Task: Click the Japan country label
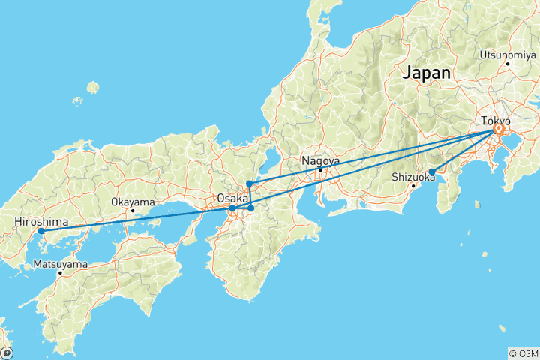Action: click(427, 73)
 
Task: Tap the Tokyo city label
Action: click(495, 120)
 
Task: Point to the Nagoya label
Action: click(320, 160)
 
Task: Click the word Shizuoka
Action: click(413, 177)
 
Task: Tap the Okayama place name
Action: click(133, 202)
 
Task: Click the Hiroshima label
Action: click(41, 222)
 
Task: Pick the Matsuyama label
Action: click(60, 264)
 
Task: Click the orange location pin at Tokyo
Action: click(497, 130)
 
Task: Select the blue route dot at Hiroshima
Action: click(41, 231)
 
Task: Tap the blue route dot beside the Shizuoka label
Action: click(432, 172)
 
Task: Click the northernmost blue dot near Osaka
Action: click(249, 184)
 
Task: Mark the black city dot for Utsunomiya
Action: click(508, 63)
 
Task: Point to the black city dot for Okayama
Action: click(133, 211)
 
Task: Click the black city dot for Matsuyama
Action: click(61, 273)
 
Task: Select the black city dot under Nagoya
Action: click(320, 169)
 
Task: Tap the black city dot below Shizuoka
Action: click(413, 186)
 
